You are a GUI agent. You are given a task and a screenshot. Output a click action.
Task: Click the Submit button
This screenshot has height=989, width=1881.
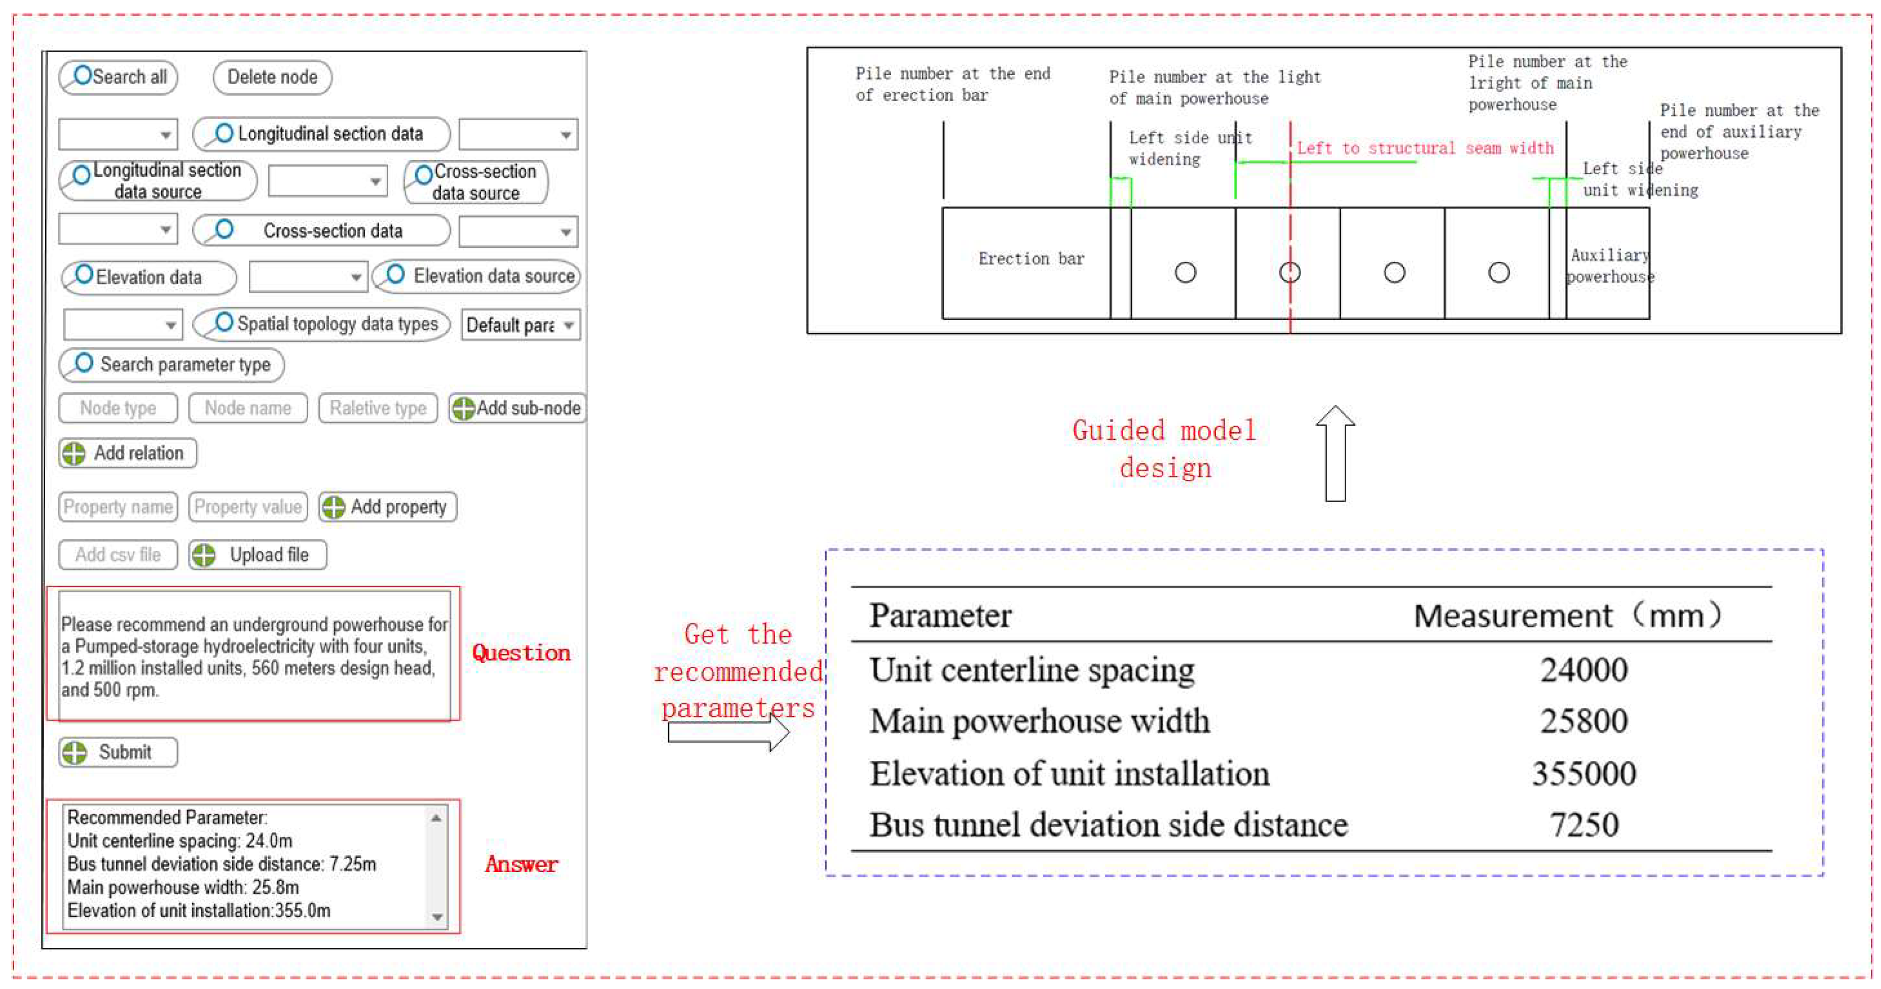pos(118,752)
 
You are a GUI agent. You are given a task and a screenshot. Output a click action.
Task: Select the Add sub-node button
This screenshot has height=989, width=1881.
pos(517,408)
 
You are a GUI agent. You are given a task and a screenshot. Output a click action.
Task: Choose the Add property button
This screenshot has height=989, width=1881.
pos(388,507)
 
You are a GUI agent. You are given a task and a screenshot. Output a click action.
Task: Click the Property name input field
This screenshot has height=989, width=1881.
pos(118,507)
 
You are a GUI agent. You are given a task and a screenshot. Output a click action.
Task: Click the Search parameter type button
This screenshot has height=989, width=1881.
pos(172,364)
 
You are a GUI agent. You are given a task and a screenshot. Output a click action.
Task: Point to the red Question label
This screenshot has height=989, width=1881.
pos(521,653)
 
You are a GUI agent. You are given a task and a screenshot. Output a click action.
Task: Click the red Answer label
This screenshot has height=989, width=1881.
pos(521,864)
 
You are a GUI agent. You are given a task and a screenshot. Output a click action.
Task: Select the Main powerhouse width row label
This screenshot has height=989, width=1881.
pos(1039,721)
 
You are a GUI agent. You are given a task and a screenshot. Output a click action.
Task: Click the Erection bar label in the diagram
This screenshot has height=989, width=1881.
pos(1030,259)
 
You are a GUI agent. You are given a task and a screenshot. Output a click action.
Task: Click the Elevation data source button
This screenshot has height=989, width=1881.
pos(477,276)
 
